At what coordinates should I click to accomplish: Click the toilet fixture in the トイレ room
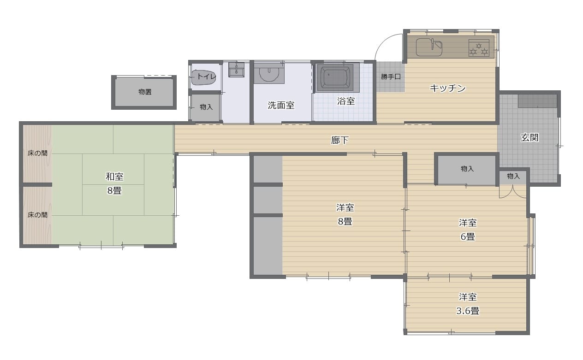(203, 77)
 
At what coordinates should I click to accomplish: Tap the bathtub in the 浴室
(335, 77)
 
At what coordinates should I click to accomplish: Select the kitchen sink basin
(429, 47)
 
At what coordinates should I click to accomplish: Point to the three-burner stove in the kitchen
(479, 48)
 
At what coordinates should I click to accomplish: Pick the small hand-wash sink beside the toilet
(236, 70)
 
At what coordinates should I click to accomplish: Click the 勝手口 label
(391, 77)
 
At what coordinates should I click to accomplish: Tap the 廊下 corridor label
(339, 141)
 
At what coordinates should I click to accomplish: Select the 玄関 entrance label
(529, 138)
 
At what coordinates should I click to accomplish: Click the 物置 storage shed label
(145, 92)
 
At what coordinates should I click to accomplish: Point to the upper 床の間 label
(37, 153)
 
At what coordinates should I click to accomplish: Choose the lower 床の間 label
(37, 215)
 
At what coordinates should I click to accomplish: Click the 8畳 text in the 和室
(114, 191)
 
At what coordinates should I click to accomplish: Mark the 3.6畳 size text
(468, 311)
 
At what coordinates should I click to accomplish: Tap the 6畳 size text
(468, 237)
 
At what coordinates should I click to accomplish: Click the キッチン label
(448, 89)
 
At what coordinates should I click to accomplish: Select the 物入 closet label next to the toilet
(206, 107)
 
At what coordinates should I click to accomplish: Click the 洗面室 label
(281, 106)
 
